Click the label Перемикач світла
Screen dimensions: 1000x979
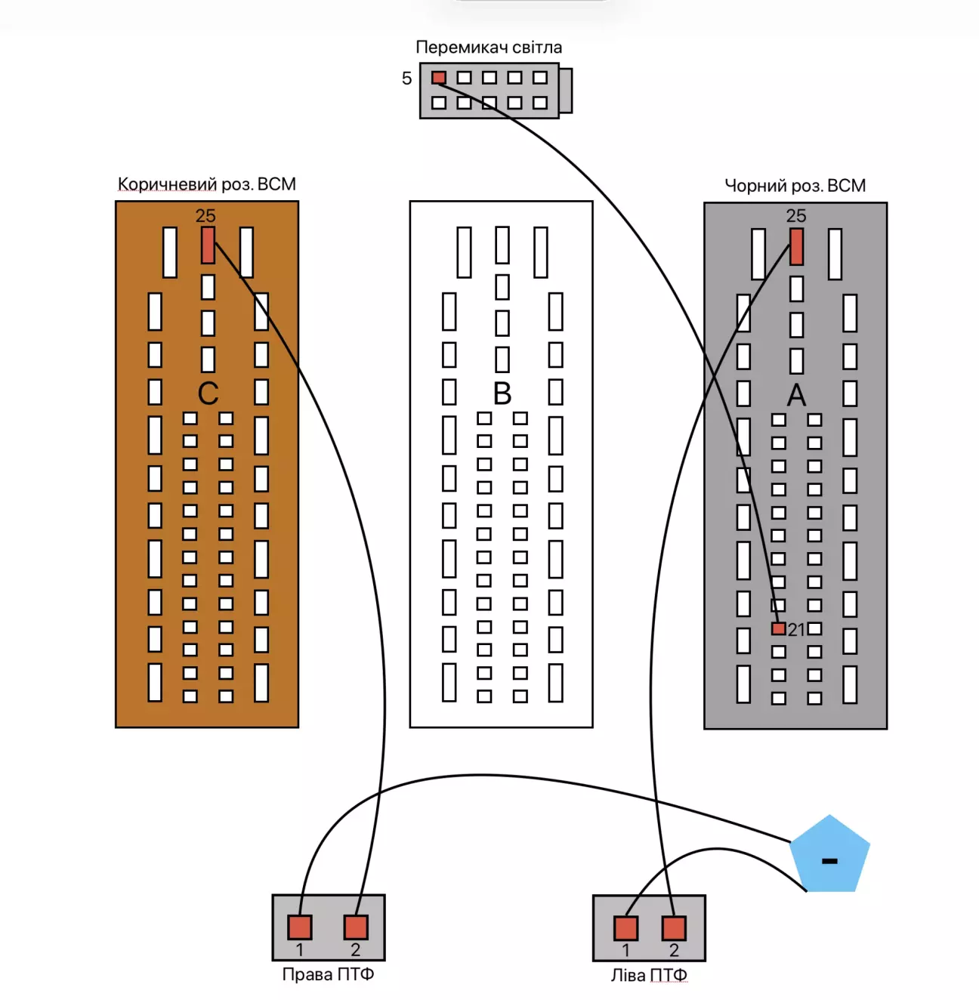point(489,48)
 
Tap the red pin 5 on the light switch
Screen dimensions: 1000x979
point(439,78)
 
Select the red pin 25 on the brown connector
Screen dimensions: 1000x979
point(208,246)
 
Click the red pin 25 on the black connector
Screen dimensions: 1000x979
point(796,247)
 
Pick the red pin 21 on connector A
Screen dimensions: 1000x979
point(778,628)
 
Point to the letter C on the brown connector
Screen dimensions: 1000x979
point(208,394)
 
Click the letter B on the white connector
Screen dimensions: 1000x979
point(502,394)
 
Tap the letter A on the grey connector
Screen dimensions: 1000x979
point(796,395)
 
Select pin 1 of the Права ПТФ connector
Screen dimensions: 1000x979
point(300,927)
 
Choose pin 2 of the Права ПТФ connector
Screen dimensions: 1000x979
point(356,927)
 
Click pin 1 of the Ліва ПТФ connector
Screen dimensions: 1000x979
point(625,927)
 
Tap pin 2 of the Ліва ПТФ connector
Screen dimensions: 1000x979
point(674,927)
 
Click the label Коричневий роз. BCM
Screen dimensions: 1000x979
point(206,184)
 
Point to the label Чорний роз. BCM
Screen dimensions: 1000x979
point(795,186)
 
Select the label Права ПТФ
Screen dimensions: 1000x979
point(328,974)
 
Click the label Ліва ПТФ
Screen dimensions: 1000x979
point(649,975)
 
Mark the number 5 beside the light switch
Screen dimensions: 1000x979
point(406,79)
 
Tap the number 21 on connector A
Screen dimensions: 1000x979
point(796,629)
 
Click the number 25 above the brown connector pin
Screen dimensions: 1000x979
point(205,216)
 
